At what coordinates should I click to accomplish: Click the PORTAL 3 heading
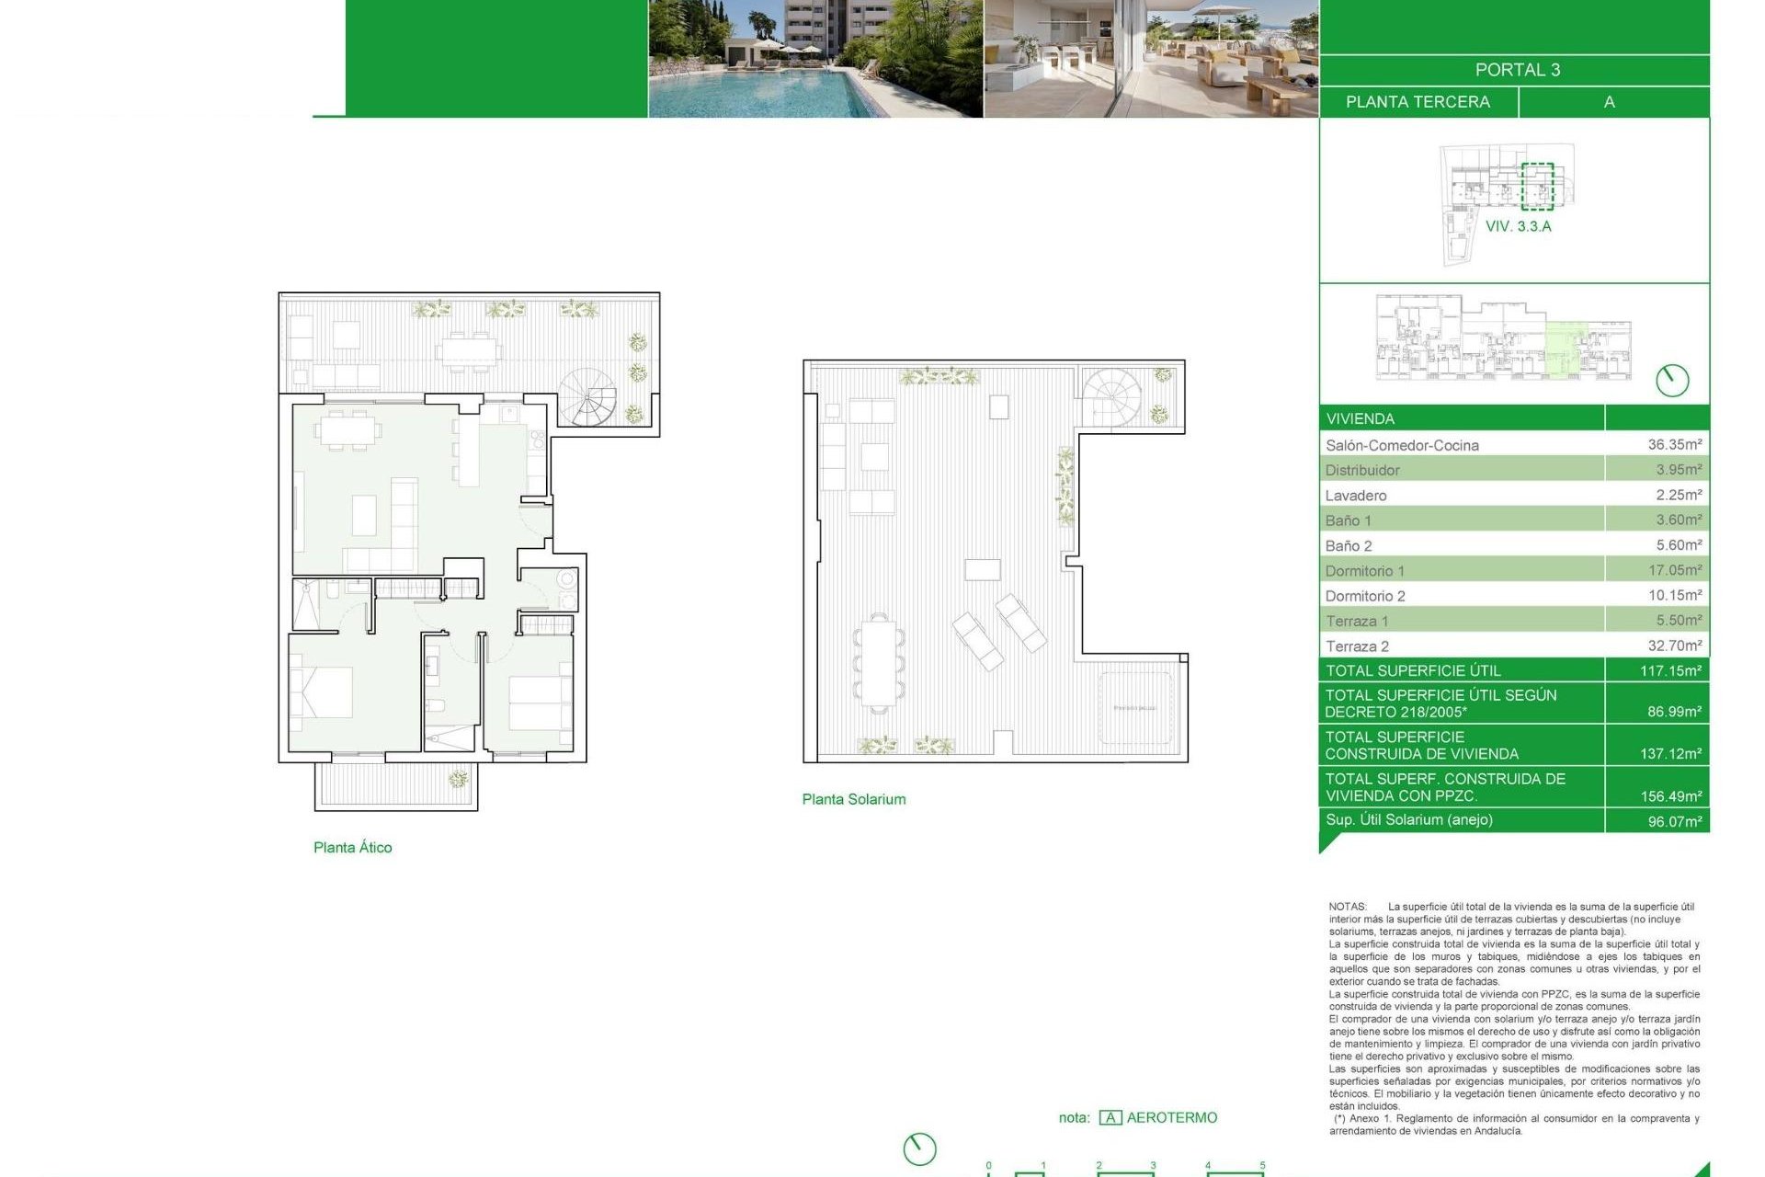[x=1517, y=70]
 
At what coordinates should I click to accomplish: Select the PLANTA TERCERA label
[x=1418, y=102]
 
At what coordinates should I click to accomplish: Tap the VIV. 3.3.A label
[x=1518, y=226]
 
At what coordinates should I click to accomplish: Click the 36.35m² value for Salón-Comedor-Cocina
[x=1674, y=444]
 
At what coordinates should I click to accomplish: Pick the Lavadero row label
[x=1355, y=496]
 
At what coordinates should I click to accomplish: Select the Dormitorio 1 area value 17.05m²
[x=1674, y=570]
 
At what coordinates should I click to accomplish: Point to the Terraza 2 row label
[x=1357, y=646]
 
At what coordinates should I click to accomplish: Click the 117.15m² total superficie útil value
[x=1670, y=671]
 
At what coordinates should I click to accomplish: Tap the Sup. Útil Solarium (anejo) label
[x=1408, y=819]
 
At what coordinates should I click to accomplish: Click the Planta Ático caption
[x=352, y=848]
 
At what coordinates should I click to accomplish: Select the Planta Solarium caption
[x=853, y=800]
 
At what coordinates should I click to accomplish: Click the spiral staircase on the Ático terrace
[x=589, y=397]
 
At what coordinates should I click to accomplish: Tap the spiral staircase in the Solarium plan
[x=1110, y=397]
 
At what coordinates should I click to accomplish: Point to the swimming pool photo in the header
[x=814, y=59]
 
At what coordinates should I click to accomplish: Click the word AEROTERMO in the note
[x=1171, y=1117]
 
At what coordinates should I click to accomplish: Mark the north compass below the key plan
[x=1671, y=380]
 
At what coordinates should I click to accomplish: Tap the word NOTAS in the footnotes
[x=1347, y=907]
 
